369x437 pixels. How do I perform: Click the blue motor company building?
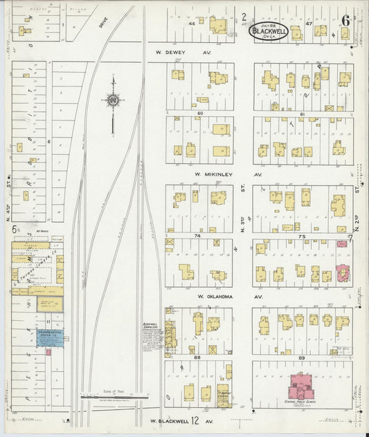pyautogui.click(x=46, y=337)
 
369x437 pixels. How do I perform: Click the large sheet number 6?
pyautogui.click(x=344, y=19)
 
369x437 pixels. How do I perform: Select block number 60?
pyautogui.click(x=200, y=113)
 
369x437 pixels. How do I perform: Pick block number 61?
pyautogui.click(x=303, y=113)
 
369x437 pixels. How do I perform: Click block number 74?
pyautogui.click(x=199, y=236)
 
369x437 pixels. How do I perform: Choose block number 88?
pyautogui.click(x=199, y=357)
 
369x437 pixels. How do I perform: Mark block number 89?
pyautogui.click(x=302, y=357)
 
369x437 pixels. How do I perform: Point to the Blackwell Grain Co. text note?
pyautogui.click(x=150, y=328)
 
